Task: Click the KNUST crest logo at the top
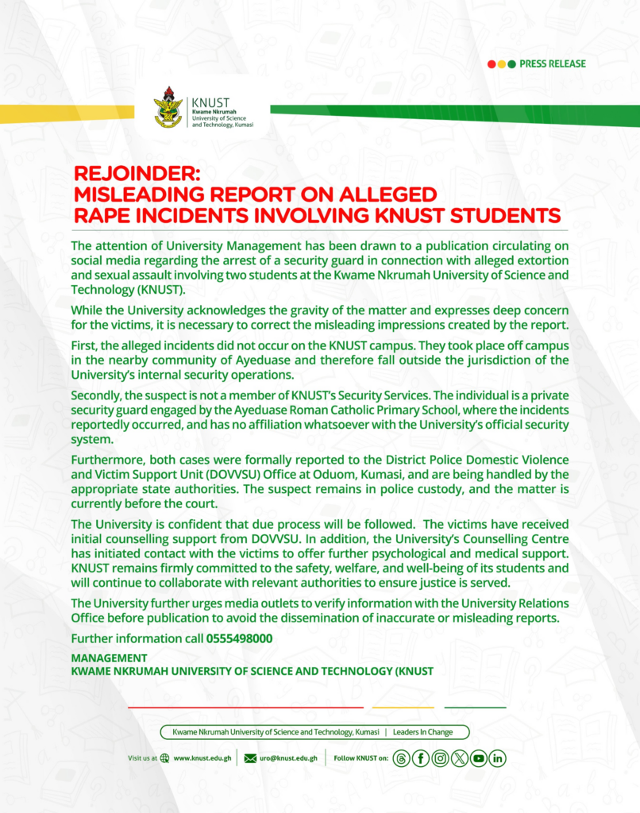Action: point(168,108)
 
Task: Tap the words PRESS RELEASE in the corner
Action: point(553,64)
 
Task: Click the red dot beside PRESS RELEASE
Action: point(492,64)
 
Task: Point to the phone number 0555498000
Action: point(239,638)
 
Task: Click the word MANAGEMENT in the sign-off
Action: point(109,658)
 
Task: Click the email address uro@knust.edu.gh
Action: point(288,758)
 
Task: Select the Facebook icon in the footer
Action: point(421,758)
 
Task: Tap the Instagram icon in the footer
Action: point(440,758)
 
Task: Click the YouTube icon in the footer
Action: point(478,758)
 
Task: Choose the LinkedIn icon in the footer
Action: point(497,758)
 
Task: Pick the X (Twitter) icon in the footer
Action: point(459,758)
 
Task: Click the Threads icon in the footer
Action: point(402,758)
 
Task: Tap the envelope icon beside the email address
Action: point(250,758)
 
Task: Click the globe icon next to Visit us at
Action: point(164,758)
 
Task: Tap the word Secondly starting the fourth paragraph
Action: point(97,395)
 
